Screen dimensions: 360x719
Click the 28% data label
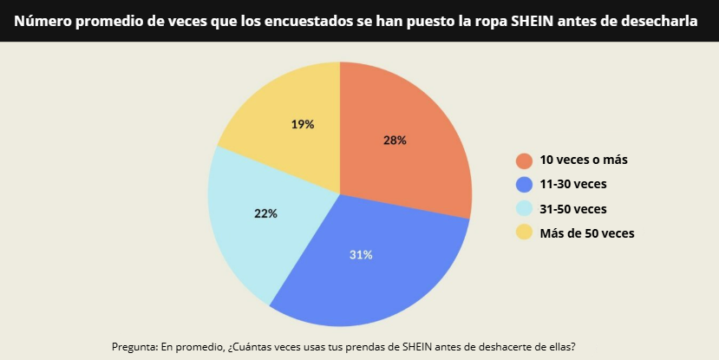pos(395,140)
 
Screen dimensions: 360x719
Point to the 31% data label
pos(361,255)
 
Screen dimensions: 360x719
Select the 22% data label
pos(266,213)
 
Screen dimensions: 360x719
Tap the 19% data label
pos(303,124)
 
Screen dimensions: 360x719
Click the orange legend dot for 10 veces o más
pos(524,160)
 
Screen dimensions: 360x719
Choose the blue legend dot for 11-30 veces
pos(524,184)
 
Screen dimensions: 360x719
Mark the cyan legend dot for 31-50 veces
pos(524,208)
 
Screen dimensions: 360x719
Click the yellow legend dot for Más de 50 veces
pos(524,232)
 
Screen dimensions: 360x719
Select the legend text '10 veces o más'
pos(583,160)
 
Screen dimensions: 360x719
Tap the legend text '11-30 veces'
pos(573,184)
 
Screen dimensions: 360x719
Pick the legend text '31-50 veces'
pos(573,208)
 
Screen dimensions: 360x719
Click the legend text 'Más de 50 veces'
pos(587,232)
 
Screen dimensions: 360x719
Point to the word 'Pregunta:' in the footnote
pos(134,346)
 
